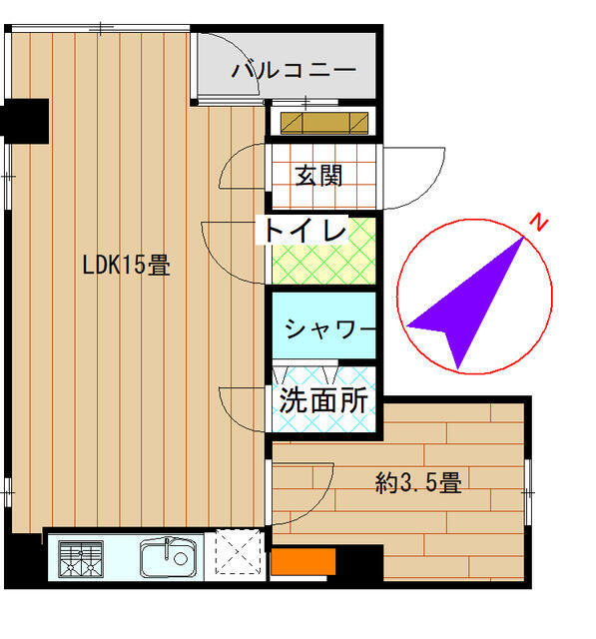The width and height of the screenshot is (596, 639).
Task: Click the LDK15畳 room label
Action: (x=127, y=265)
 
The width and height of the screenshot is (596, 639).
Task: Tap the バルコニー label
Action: (x=294, y=70)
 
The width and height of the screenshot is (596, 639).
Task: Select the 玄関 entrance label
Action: (x=318, y=176)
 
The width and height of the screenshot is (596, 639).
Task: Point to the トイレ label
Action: (x=304, y=231)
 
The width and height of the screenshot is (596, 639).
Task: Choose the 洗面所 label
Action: (x=323, y=400)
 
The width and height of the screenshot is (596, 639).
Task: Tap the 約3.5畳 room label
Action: (x=418, y=483)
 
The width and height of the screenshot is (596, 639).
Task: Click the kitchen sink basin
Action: (x=168, y=557)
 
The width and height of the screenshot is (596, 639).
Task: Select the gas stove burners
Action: (x=81, y=559)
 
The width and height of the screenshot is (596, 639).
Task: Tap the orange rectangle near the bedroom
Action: (x=303, y=561)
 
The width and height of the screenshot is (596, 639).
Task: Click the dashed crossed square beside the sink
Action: (x=238, y=552)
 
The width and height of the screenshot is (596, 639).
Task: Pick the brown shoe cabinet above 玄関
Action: (x=324, y=123)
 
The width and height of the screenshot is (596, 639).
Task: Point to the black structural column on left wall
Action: (x=24, y=121)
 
